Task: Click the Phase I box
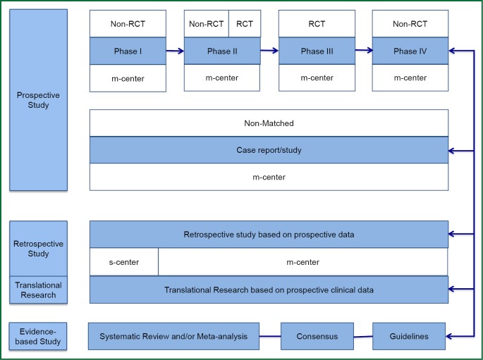[128, 51]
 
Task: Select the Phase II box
[221, 51]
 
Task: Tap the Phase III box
[316, 51]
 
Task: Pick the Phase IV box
[410, 51]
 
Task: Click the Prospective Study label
[39, 99]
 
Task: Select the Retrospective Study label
[39, 249]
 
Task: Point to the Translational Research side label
[39, 290]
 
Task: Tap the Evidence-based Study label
[39, 337]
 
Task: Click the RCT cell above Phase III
[316, 24]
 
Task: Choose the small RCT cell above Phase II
[244, 24]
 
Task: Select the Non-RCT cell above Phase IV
[410, 24]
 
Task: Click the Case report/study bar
[269, 150]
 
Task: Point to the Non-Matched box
[269, 123]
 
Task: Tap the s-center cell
[123, 262]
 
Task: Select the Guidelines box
[410, 336]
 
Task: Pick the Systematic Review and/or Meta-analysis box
[173, 336]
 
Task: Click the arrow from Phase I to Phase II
[175, 51]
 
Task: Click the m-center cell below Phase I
[128, 78]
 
